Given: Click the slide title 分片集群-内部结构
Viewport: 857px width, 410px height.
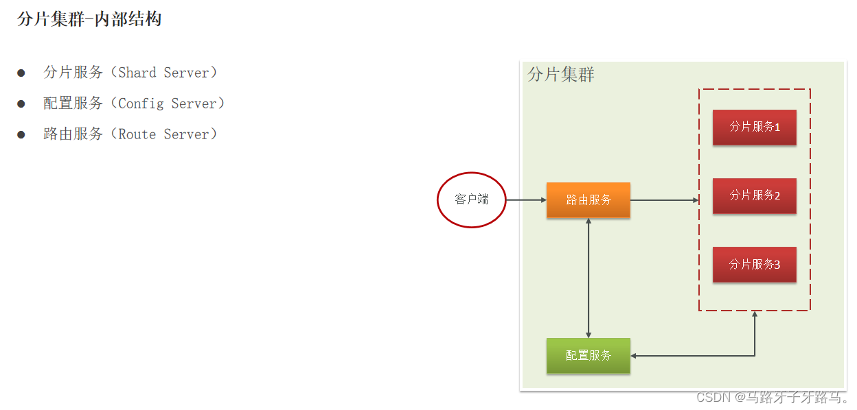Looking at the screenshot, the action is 89,19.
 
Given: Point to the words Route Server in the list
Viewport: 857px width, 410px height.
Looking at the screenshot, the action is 168,134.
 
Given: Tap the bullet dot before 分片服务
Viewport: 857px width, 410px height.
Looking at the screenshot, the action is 21,73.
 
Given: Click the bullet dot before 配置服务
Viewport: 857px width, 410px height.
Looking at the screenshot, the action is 21,104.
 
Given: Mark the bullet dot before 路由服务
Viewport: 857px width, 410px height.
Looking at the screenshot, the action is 21,134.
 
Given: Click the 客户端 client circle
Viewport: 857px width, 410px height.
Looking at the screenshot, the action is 471,200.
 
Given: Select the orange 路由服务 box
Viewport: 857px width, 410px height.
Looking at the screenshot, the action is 588,200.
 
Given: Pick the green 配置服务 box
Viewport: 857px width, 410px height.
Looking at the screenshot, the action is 588,356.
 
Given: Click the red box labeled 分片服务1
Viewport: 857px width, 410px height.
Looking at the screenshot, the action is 754,127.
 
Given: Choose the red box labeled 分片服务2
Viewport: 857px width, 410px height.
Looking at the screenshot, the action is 754,195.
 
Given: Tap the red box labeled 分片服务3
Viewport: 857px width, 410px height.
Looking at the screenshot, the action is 754,264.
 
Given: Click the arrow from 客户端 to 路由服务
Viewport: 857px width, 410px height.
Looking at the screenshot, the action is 526,200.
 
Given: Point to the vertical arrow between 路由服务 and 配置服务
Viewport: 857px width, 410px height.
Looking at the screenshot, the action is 589,278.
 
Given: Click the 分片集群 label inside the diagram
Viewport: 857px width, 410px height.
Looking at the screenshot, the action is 561,75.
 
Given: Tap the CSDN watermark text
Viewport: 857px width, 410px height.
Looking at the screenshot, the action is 772,397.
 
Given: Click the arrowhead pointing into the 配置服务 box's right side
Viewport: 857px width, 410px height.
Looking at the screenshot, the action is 635,356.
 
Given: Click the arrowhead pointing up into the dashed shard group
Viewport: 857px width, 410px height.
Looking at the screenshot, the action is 755,315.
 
